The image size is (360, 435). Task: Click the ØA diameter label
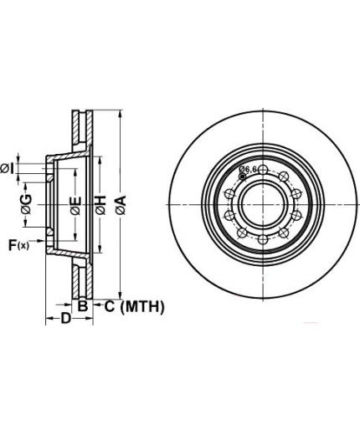click(121, 205)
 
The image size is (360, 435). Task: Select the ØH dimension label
click(100, 205)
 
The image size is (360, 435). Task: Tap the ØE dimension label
click(75, 206)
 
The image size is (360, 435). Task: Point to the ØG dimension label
click(26, 204)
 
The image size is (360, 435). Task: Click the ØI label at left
click(7, 169)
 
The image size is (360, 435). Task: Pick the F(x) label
click(18, 245)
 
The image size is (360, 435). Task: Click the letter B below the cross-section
click(82, 306)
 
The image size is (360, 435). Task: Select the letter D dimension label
click(66, 318)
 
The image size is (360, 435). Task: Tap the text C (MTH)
click(135, 307)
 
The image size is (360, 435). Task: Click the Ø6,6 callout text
click(248, 169)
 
